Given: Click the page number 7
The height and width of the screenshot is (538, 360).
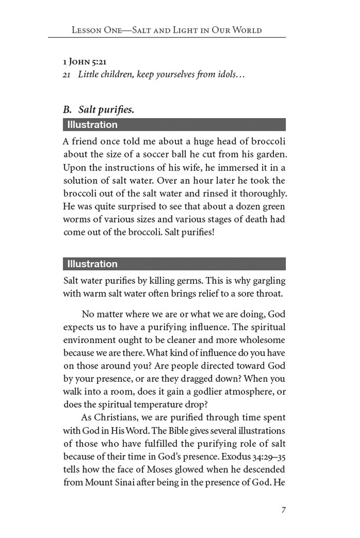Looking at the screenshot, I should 283,510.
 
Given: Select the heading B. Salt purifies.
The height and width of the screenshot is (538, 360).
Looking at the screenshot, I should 99,109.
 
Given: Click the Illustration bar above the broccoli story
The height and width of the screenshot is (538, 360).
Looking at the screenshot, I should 174,125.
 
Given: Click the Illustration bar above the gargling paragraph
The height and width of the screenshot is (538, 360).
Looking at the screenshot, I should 174,264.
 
